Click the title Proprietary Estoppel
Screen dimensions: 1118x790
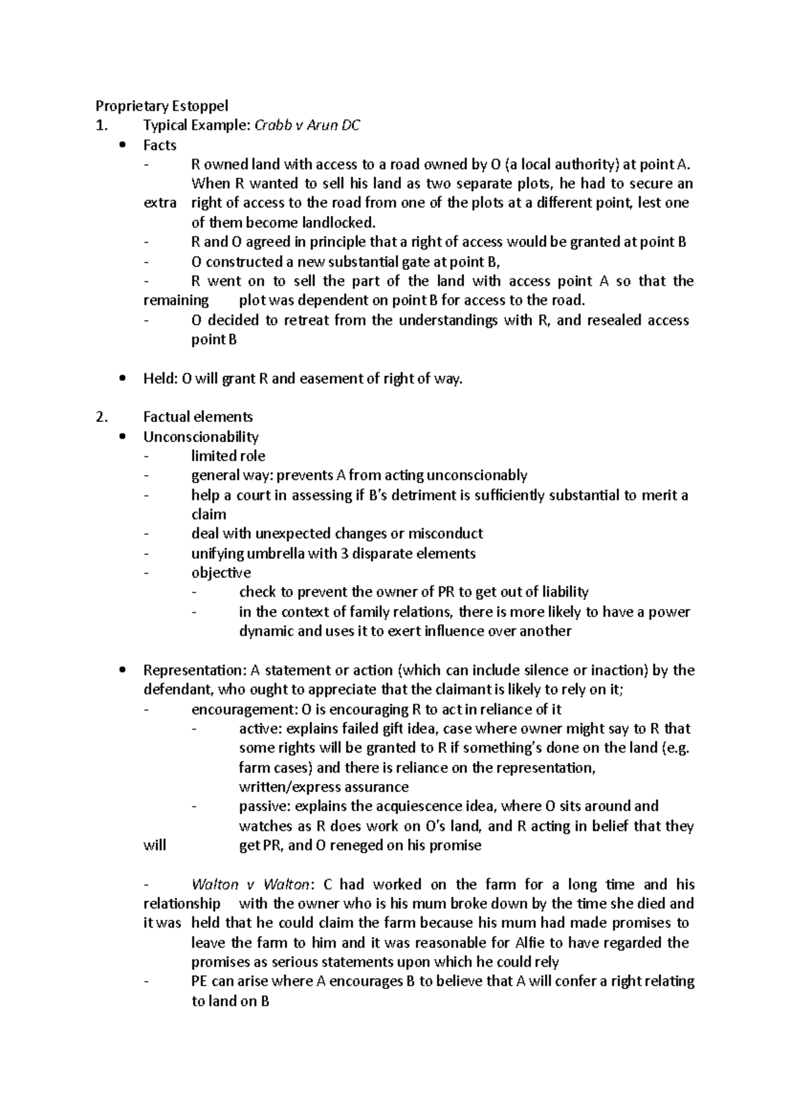click(x=162, y=105)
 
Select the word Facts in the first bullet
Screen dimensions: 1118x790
click(x=160, y=145)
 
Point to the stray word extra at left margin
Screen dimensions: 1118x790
click(x=160, y=203)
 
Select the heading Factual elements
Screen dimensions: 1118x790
click(x=197, y=417)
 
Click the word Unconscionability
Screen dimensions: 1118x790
click(x=201, y=437)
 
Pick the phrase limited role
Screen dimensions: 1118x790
click(x=228, y=456)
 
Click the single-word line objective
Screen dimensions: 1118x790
click(x=221, y=573)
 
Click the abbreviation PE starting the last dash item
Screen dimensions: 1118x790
click(x=199, y=981)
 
